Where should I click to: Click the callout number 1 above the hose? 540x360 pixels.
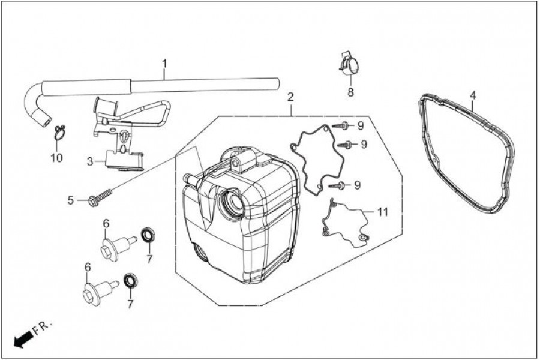coord(164,64)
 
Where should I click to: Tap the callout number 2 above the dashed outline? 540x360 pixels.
coord(290,97)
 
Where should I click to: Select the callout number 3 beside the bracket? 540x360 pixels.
coord(90,161)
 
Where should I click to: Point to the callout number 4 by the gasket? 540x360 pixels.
coord(473,95)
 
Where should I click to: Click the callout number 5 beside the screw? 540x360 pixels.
coord(71,200)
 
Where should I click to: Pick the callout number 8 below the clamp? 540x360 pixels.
coord(350,92)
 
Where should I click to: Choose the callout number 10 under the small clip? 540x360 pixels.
coord(57,158)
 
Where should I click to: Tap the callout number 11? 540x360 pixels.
coord(382,212)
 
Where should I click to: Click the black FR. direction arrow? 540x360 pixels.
coord(22,340)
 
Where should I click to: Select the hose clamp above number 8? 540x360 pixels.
coord(349,64)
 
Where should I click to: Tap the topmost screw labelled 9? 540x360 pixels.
coord(341,125)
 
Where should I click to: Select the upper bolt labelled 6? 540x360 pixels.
coord(117,247)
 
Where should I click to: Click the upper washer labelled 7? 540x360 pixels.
coord(148,235)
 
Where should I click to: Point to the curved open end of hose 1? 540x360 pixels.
coord(46,121)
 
